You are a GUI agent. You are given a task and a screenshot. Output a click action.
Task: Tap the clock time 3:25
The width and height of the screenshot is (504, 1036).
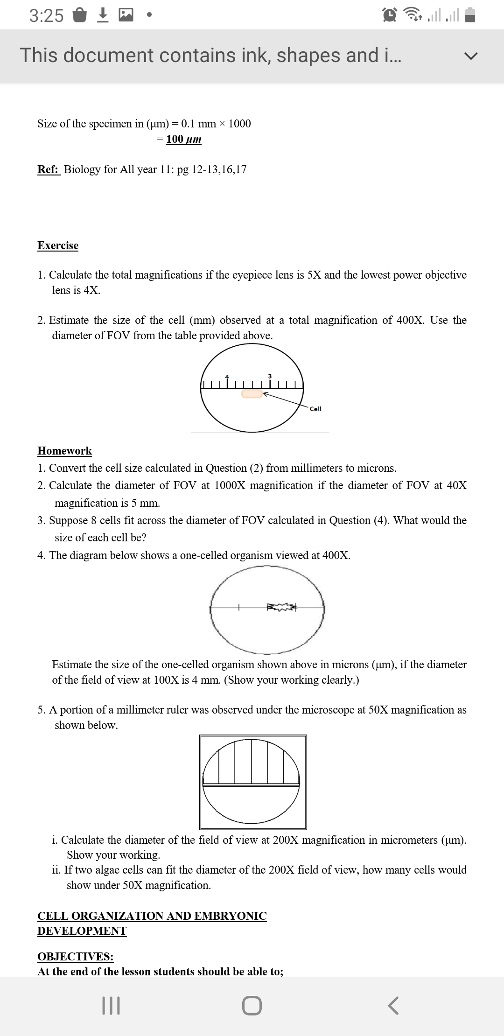coord(46,16)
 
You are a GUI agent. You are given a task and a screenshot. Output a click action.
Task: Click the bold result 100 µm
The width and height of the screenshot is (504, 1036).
coord(184,139)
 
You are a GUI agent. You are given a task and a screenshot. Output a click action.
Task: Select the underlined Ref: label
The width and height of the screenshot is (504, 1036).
coord(49,169)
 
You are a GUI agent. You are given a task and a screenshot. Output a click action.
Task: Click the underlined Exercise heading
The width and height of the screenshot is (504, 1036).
coord(58,245)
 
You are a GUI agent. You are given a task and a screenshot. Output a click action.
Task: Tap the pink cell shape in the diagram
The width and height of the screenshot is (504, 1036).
coord(252,394)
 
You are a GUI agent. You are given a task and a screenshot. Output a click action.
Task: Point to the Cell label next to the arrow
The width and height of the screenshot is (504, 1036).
coord(315,409)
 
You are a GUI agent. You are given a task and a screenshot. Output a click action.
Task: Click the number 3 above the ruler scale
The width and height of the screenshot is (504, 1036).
coord(270,376)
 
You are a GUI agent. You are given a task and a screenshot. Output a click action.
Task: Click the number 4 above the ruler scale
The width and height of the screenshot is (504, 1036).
coord(228,376)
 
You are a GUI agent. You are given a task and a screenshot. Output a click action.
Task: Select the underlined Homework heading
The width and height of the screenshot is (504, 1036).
coord(65,451)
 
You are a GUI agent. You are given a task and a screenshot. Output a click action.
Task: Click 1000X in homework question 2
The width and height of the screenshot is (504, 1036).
coord(230,485)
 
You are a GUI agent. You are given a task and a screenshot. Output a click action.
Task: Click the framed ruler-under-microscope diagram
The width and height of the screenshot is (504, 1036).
coord(252,782)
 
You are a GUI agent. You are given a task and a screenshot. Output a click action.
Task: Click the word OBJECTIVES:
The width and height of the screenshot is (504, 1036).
coord(75,957)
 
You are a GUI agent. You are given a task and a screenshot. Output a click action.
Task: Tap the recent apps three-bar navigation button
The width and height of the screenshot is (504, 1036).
coord(111,1006)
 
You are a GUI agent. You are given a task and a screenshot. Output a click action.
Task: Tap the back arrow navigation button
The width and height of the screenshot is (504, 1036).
coord(393,1006)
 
